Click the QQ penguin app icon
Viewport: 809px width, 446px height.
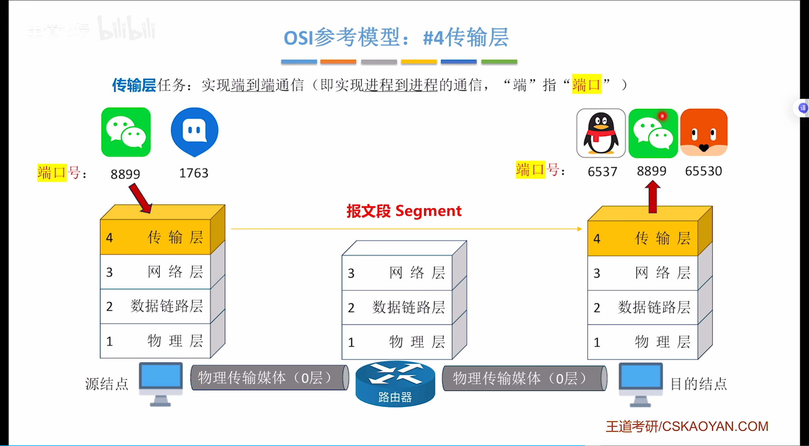coord(601,133)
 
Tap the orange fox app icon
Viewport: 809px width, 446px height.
coord(704,133)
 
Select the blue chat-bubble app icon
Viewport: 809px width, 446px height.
coord(194,132)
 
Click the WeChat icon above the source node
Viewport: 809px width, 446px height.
coord(126,132)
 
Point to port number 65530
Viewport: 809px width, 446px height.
coord(703,171)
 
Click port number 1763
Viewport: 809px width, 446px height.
coord(194,173)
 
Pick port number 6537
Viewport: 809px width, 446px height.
coord(602,172)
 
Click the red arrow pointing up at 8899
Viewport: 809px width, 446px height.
coord(652,197)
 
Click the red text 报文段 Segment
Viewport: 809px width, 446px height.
coord(404,211)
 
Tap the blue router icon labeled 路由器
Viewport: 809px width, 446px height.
coord(395,384)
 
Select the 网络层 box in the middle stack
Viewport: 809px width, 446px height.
coord(397,273)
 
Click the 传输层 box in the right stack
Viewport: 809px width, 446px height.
coord(643,238)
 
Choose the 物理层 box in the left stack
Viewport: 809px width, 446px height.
coord(155,341)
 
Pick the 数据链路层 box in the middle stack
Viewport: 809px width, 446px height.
coord(397,307)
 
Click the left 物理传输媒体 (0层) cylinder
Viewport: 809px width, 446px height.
coord(269,378)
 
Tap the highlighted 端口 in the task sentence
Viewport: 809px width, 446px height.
coord(587,85)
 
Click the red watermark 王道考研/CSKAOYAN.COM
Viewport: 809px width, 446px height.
coord(687,426)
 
